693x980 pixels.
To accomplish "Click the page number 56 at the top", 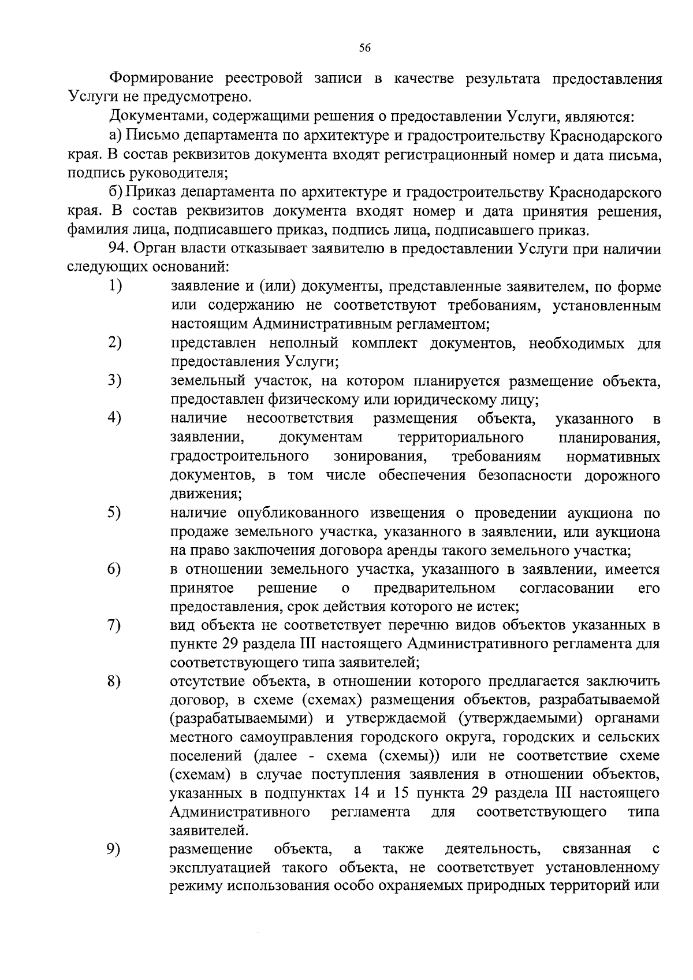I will coord(364,48).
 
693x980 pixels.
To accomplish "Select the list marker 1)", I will coord(115,287).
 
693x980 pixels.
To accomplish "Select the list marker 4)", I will coord(114,418).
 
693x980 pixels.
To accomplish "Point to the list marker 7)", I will coord(114,625).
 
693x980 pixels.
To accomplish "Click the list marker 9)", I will coord(114,849).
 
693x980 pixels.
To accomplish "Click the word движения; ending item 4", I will coord(206,495).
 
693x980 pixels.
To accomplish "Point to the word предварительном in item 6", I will coord(435,588).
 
